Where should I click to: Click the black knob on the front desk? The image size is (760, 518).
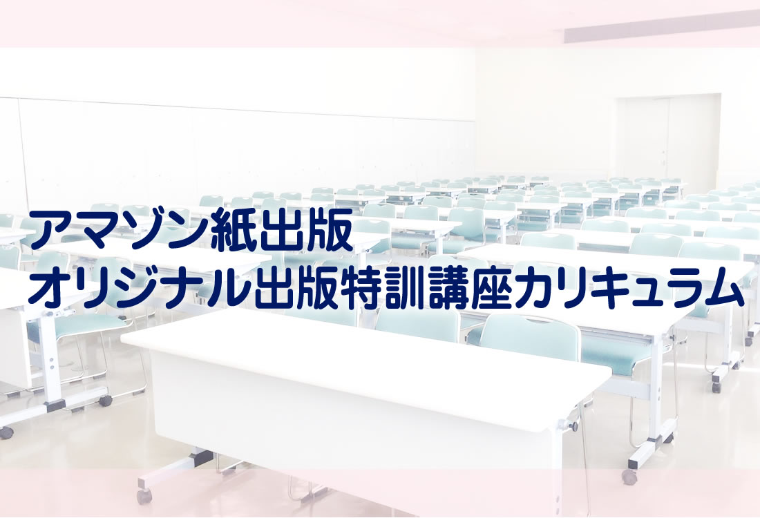[x=574, y=427]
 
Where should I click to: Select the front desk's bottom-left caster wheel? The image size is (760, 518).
[x=144, y=496]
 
